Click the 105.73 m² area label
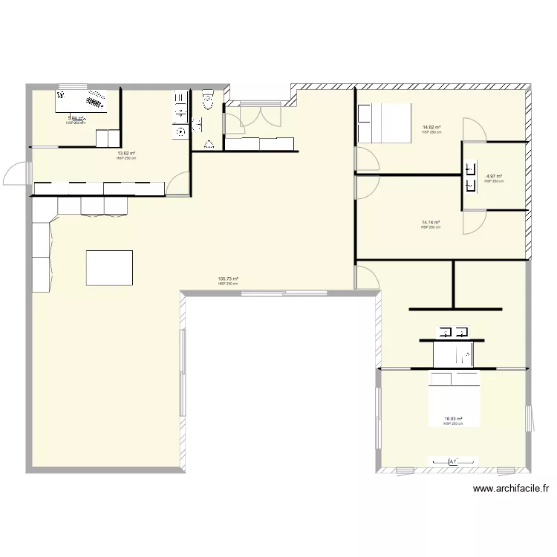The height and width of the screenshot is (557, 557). point(227,280)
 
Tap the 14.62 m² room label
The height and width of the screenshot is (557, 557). point(431,128)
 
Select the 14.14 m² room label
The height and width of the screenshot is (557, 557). point(431,223)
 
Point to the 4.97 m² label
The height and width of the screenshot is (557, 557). point(494,177)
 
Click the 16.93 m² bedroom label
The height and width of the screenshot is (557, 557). point(453,419)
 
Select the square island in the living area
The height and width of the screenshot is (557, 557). point(110,267)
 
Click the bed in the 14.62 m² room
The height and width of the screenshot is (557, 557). point(384,123)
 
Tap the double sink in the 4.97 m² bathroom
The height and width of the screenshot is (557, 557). point(469,177)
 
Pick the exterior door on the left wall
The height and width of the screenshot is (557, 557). point(17,174)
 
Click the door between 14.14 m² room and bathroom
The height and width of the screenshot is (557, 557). point(473,221)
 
